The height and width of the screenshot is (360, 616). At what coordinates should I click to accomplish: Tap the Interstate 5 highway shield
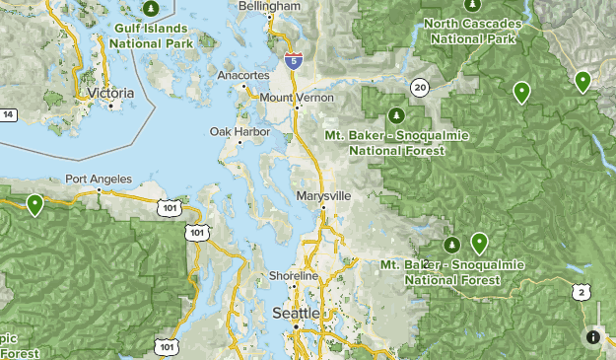click(x=293, y=59)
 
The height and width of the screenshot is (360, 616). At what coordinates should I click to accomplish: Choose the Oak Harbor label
click(x=233, y=131)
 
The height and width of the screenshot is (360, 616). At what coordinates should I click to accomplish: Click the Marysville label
click(x=323, y=196)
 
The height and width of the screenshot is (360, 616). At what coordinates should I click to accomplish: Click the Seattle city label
click(x=295, y=313)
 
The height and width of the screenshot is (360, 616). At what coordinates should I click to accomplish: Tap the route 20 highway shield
click(x=420, y=88)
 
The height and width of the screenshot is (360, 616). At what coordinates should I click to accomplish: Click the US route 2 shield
click(x=583, y=292)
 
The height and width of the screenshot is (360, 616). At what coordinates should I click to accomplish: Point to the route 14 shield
click(x=8, y=115)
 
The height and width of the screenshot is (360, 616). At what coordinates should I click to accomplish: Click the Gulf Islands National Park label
click(x=150, y=36)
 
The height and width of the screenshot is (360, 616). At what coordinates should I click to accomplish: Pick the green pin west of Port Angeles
click(x=34, y=205)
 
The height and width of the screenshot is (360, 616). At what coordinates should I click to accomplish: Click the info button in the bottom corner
click(x=592, y=337)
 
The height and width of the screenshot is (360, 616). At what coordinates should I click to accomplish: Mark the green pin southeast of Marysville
click(x=479, y=243)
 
